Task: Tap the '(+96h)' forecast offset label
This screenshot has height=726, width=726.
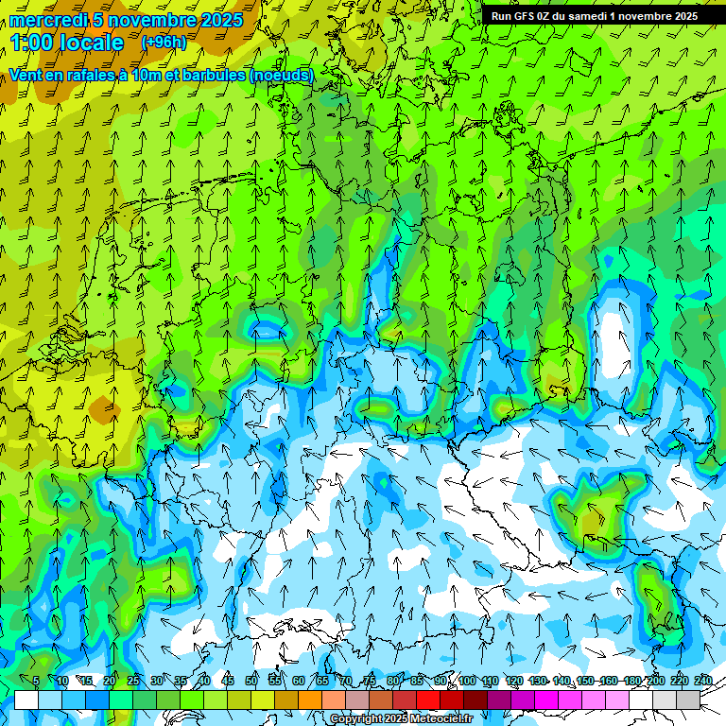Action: [164, 42]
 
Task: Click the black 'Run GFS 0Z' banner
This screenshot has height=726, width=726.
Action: [594, 15]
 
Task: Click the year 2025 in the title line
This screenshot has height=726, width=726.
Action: [220, 20]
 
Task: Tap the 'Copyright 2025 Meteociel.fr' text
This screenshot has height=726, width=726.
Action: [401, 719]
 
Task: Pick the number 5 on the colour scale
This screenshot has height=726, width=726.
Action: [36, 682]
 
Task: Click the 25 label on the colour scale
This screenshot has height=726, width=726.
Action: [133, 682]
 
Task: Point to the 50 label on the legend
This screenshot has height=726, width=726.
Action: [251, 682]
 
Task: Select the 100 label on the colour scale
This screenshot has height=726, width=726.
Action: [466, 682]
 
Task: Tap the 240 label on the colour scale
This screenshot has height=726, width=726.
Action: [702, 682]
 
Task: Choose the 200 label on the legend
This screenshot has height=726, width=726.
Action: [655, 682]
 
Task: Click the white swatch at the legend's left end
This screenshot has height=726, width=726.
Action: [26, 700]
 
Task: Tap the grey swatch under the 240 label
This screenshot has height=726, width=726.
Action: [688, 700]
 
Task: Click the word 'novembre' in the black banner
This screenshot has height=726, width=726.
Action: [639, 15]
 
